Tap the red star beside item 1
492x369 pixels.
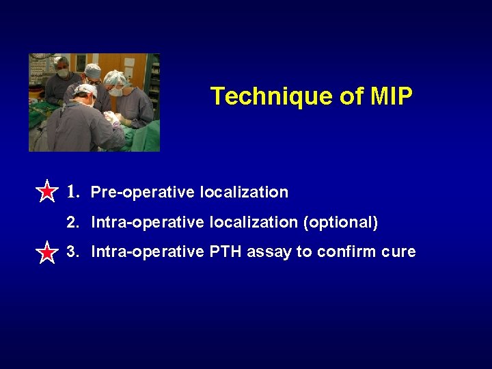pos(46,192)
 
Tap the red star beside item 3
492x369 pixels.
pos(46,253)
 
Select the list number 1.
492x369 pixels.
pos(73,192)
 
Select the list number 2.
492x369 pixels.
pos(72,222)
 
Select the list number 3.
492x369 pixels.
pos(72,251)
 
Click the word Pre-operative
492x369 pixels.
pos(143,193)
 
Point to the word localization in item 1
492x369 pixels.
pos(244,193)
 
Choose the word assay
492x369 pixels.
pos(269,252)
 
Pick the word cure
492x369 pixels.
pos(399,251)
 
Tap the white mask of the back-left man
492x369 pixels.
pos(63,73)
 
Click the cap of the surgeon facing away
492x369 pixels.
pos(85,90)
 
